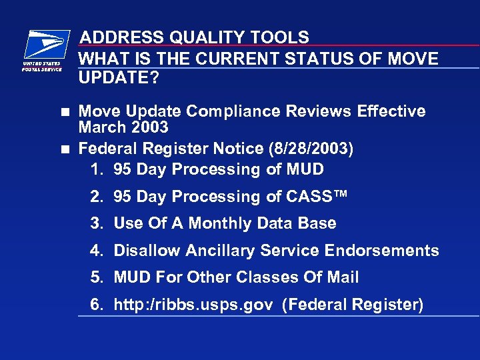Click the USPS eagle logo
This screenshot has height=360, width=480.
(46, 45)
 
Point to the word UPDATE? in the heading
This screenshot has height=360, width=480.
(119, 79)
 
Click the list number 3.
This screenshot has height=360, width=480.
(97, 223)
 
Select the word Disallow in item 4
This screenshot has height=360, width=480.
(143, 251)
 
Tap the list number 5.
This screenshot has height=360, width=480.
(97, 277)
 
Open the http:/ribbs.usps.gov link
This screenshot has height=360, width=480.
(193, 305)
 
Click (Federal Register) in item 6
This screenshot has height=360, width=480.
(353, 305)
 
